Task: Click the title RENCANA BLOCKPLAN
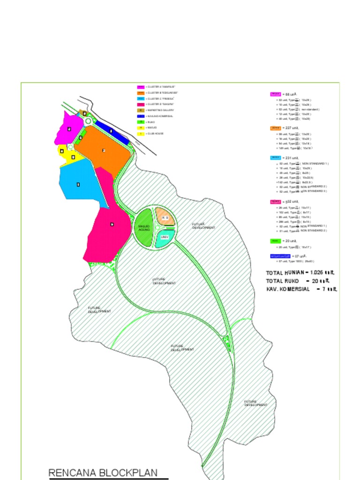pos(103,472)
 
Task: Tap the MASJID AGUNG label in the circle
pos(143,228)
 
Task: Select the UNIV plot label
pos(164,237)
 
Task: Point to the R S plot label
pos(165,218)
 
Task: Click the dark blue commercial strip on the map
pos(112,131)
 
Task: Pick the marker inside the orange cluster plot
pos(104,150)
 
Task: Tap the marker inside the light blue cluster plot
pos(78,184)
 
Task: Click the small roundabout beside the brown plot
pos(88,120)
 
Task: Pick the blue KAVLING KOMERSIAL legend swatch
pos(141,116)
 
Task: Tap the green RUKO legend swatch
pos(141,122)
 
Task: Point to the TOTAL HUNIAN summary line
pos(300,272)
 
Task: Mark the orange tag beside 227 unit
pos(275,127)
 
